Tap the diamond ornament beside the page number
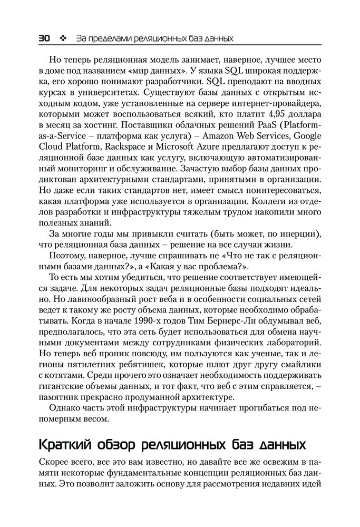tap(63, 38)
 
